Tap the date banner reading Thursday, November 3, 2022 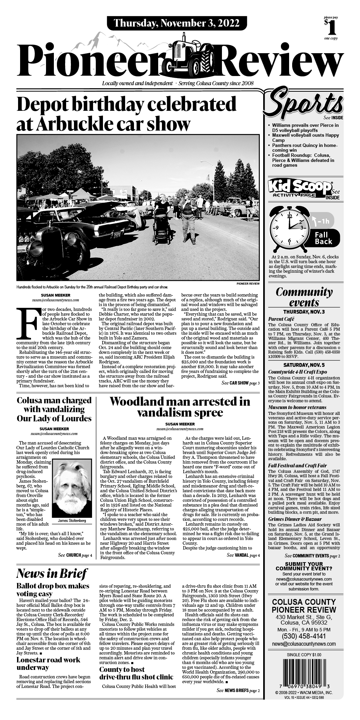[x=176, y=23]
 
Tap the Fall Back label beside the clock [x=321, y=238]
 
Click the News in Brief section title [x=52, y=573]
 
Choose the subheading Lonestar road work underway [x=48, y=663]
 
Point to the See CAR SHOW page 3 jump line [x=240, y=383]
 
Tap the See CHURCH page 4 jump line [x=75, y=555]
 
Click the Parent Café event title [x=281, y=319]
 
